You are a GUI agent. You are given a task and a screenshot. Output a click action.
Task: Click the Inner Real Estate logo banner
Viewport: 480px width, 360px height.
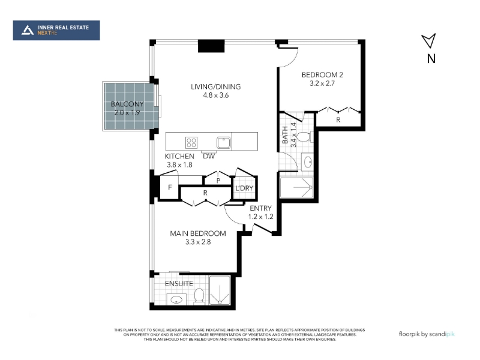[56, 31]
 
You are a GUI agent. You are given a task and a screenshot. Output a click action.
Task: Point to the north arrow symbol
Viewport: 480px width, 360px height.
[430, 40]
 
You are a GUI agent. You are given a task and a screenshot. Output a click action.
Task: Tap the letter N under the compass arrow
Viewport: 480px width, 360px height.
[431, 58]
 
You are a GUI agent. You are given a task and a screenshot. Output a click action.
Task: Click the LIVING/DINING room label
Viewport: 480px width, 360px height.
[216, 86]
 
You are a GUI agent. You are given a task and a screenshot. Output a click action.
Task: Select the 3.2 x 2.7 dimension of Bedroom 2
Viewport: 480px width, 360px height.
[322, 83]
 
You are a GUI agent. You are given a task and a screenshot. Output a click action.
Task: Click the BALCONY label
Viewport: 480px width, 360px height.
[127, 104]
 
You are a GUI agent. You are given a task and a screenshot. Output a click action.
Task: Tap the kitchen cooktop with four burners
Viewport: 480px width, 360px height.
[191, 142]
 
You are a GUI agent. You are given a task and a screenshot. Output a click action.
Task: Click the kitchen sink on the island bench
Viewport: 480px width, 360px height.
[224, 143]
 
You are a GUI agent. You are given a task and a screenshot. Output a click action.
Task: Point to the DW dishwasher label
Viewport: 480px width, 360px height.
[209, 156]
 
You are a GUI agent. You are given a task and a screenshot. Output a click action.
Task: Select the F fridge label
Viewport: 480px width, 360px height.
[170, 187]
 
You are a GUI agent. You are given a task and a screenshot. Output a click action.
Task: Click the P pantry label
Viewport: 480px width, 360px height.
[218, 181]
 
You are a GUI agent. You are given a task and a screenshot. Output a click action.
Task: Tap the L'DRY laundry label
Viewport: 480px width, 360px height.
[244, 188]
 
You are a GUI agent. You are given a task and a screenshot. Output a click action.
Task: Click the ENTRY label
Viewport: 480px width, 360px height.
[260, 208]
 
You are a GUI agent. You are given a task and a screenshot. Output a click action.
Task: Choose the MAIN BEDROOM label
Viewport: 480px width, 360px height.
[198, 233]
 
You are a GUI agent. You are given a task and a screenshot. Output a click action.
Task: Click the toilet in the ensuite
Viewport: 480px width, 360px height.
[199, 296]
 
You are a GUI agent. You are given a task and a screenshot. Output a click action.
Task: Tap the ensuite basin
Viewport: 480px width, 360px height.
[176, 299]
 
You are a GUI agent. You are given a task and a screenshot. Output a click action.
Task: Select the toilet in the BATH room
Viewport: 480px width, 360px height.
[305, 137]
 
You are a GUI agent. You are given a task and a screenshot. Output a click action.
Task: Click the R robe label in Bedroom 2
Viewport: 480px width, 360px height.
[338, 120]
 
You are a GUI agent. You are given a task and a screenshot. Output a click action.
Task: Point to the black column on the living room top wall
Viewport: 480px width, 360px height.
[211, 46]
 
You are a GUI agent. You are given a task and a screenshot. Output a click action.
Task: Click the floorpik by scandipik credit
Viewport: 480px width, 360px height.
[427, 334]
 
